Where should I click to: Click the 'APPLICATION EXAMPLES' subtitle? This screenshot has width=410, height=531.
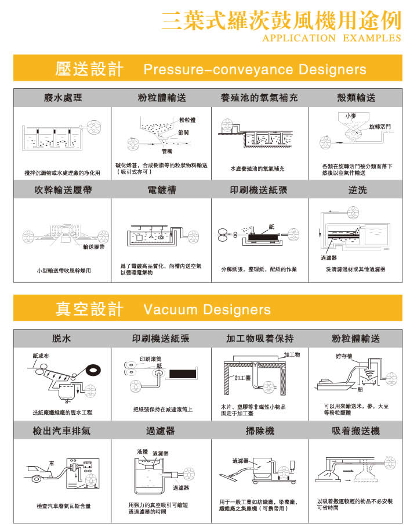332,38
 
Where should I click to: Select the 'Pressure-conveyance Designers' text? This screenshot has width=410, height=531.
255,70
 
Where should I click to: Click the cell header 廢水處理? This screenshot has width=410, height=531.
63,98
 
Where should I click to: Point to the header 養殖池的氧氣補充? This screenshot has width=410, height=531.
259,98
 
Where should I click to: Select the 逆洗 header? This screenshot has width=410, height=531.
357,190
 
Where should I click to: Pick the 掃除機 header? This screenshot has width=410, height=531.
259,431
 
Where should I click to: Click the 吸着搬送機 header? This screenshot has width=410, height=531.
356,431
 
